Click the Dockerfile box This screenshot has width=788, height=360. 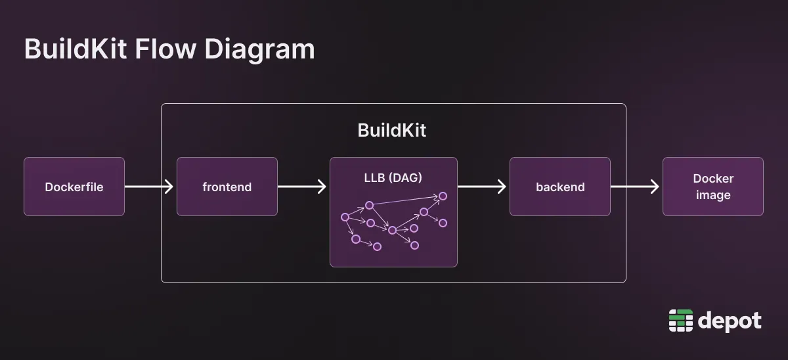(x=74, y=187)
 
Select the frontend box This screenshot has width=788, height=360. (x=227, y=187)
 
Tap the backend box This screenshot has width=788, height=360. (x=559, y=187)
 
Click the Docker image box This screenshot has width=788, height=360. (x=712, y=187)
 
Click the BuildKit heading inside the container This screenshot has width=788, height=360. (x=392, y=130)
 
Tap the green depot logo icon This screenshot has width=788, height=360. (x=680, y=321)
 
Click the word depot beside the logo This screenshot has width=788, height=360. (x=730, y=321)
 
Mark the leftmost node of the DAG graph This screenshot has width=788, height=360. (x=345, y=217)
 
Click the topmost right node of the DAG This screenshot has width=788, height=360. (x=443, y=196)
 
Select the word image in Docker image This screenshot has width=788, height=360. (x=713, y=195)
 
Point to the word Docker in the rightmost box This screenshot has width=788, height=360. (x=713, y=179)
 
